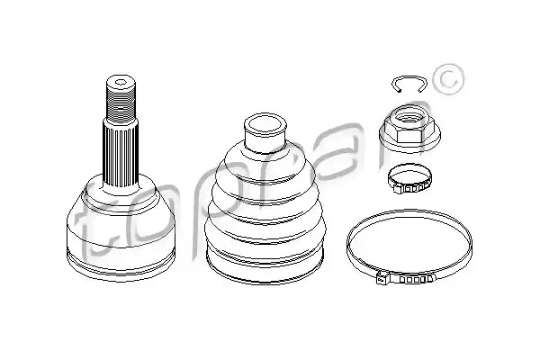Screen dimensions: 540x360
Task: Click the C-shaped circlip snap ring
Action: (409, 77)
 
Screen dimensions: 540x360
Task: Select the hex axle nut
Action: (409, 129)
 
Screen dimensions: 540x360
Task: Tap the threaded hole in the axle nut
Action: (409, 119)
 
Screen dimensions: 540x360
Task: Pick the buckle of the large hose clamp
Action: (383, 277)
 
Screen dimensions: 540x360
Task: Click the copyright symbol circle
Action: (449, 79)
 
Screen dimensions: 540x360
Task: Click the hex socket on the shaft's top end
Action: (121, 82)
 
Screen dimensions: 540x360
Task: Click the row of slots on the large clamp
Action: (415, 279)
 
